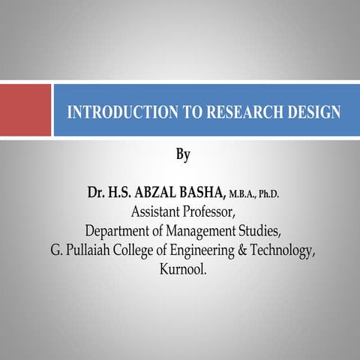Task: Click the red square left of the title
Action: pos(25,109)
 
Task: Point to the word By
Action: pos(183,156)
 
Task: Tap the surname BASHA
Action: pos(199,193)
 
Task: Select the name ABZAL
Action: pos(152,193)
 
